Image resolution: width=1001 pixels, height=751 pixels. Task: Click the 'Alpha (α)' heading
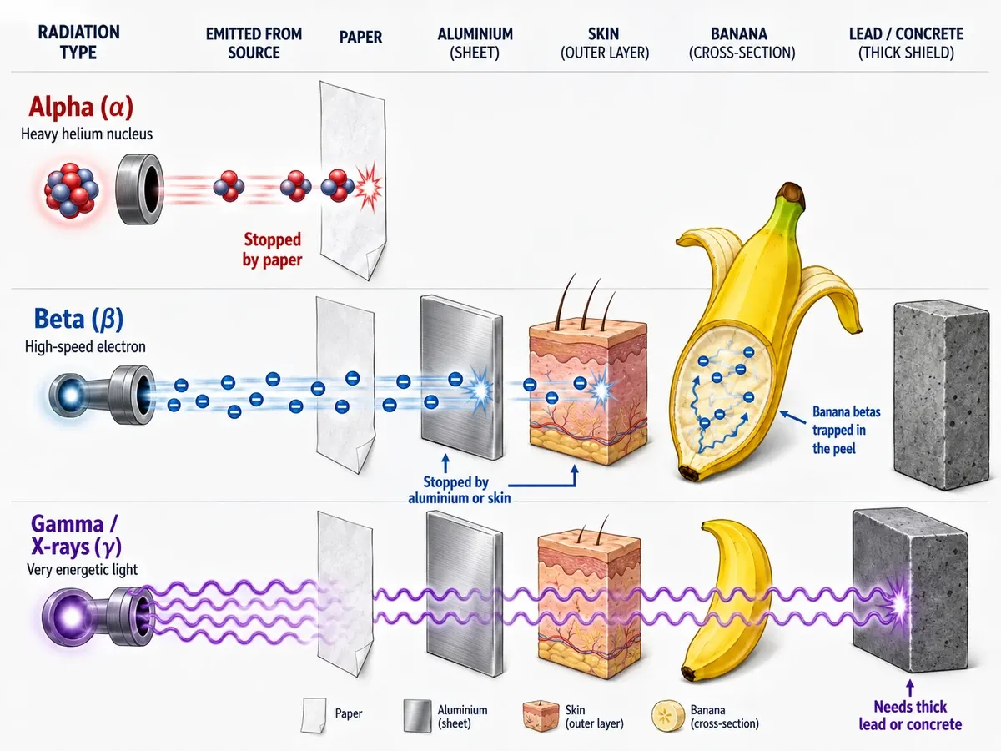tap(81, 107)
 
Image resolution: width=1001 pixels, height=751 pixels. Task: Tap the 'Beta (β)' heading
tap(78, 319)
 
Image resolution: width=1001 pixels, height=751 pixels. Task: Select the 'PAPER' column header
tap(360, 37)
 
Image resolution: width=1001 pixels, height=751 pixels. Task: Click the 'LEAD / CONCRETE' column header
tap(906, 33)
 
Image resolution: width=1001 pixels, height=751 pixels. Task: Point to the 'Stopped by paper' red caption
tap(272, 249)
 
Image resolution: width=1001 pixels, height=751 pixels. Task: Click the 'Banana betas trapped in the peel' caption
tap(846, 430)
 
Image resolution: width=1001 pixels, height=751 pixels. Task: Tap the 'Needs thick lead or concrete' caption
tap(910, 715)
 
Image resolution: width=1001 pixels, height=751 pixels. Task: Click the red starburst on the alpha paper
tap(369, 186)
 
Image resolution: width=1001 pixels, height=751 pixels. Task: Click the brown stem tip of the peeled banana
tap(792, 191)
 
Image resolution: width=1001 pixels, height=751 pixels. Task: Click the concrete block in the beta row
tap(942, 395)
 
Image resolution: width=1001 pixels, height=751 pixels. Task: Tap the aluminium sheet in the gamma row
tap(465, 593)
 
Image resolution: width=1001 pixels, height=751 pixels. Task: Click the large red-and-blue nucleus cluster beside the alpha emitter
tap(71, 190)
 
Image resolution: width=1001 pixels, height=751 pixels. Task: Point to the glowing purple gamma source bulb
tap(72, 617)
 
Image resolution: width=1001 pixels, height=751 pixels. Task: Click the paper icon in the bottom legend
tap(314, 715)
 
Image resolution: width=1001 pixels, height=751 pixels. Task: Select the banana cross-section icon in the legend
tap(667, 716)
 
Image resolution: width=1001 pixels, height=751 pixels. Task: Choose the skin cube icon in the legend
tap(541, 716)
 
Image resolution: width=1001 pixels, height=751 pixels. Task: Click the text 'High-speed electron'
tap(85, 347)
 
